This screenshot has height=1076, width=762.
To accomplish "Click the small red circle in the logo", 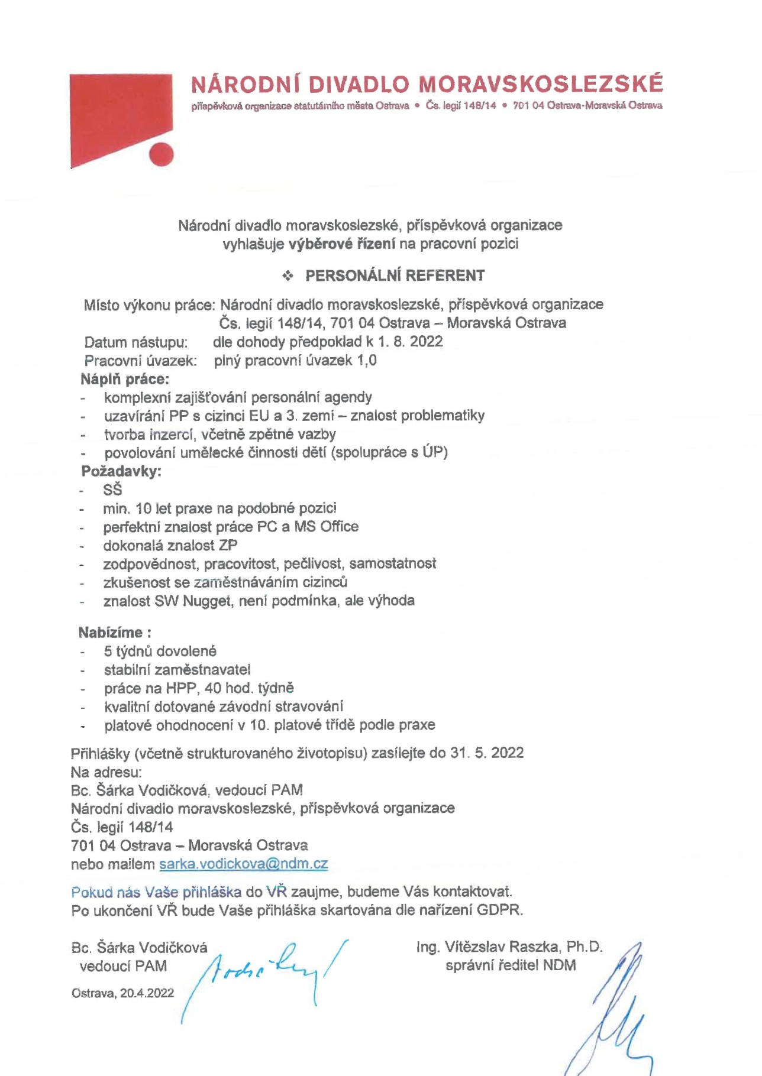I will (161, 155).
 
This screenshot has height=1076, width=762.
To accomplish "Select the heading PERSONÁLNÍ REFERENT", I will (395, 276).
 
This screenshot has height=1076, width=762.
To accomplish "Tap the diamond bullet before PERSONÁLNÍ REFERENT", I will (288, 276).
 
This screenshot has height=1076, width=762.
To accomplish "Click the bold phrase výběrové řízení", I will (341, 244).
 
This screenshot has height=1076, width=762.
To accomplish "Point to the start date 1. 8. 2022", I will (410, 342).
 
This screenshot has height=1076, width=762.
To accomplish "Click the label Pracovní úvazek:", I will (141, 361).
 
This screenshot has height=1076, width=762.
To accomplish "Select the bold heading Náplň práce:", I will (125, 379).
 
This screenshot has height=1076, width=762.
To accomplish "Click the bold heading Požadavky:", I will (121, 471).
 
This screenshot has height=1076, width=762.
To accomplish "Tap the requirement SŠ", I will (112, 490).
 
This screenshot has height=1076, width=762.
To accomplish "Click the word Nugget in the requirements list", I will (207, 601).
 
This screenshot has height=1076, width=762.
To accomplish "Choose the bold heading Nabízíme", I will (111, 633).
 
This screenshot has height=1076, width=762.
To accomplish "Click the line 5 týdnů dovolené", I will (160, 651).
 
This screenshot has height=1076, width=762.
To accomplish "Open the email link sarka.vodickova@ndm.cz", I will (244, 864).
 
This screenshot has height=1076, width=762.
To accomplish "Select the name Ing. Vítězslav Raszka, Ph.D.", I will (509, 947).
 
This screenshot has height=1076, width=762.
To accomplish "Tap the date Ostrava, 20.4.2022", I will (123, 993).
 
